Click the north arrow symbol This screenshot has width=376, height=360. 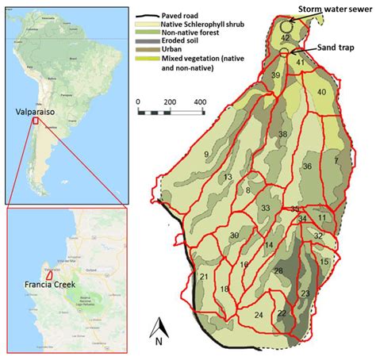(x=160, y=331)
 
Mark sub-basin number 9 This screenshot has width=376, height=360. (x=206, y=154)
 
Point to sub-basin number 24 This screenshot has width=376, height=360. (x=259, y=315)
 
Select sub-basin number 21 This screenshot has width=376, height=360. (x=204, y=277)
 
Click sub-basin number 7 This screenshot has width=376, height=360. (x=336, y=161)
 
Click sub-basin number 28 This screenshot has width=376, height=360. (x=278, y=271)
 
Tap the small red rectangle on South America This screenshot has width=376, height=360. (x=34, y=122)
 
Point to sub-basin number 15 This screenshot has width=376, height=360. (x=324, y=261)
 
